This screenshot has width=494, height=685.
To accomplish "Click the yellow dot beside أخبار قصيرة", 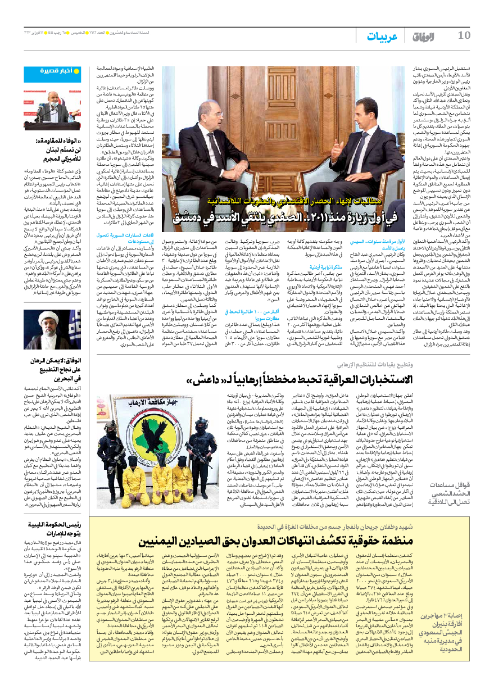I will (77, 71).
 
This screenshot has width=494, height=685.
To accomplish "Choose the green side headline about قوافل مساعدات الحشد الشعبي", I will (452, 495).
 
